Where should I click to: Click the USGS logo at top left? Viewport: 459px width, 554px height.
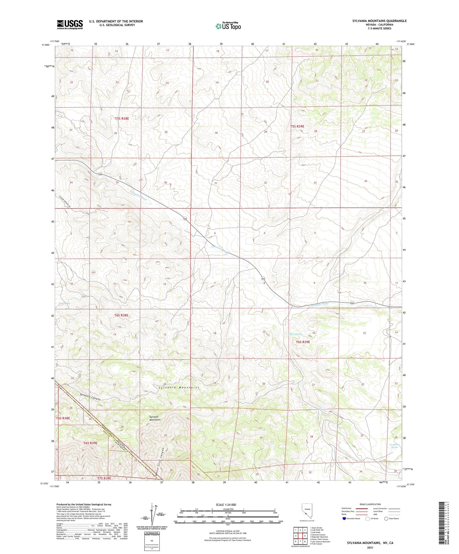(70, 24)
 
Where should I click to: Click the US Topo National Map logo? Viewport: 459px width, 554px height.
(228, 26)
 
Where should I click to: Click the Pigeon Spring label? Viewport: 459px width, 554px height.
(295, 334)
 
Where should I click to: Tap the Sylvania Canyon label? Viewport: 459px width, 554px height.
(90, 397)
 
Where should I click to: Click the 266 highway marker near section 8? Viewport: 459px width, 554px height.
(263, 278)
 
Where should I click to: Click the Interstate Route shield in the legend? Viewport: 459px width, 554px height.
(344, 519)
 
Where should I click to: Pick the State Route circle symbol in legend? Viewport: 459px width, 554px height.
(386, 519)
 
